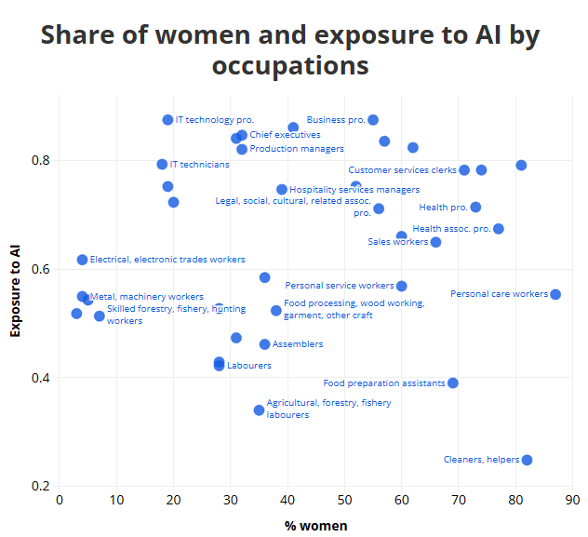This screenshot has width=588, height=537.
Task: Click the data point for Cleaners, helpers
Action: click(x=527, y=460)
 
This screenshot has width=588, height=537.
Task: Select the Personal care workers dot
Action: click(x=555, y=294)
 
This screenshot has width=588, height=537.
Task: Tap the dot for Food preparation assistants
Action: click(x=453, y=383)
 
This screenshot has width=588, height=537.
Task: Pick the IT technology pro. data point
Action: click(x=167, y=120)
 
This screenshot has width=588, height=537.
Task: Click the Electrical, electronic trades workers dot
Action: click(x=82, y=260)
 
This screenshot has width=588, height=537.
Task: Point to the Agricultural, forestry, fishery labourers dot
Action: click(x=259, y=410)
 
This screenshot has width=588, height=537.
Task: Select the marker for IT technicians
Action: click(x=162, y=164)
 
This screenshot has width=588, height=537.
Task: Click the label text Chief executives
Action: click(x=285, y=135)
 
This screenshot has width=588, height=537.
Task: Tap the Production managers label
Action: click(x=297, y=149)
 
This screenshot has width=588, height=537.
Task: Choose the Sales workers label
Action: click(x=398, y=242)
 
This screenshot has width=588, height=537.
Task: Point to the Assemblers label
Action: click(x=298, y=344)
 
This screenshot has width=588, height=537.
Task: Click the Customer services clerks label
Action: click(x=402, y=170)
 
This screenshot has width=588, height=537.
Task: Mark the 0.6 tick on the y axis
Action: click(x=41, y=270)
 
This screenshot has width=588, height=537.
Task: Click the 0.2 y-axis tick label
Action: click(x=41, y=487)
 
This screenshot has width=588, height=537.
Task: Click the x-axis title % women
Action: click(x=316, y=526)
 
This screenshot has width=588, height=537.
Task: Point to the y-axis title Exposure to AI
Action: click(x=15, y=289)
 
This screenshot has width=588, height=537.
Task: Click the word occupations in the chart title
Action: click(x=290, y=67)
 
